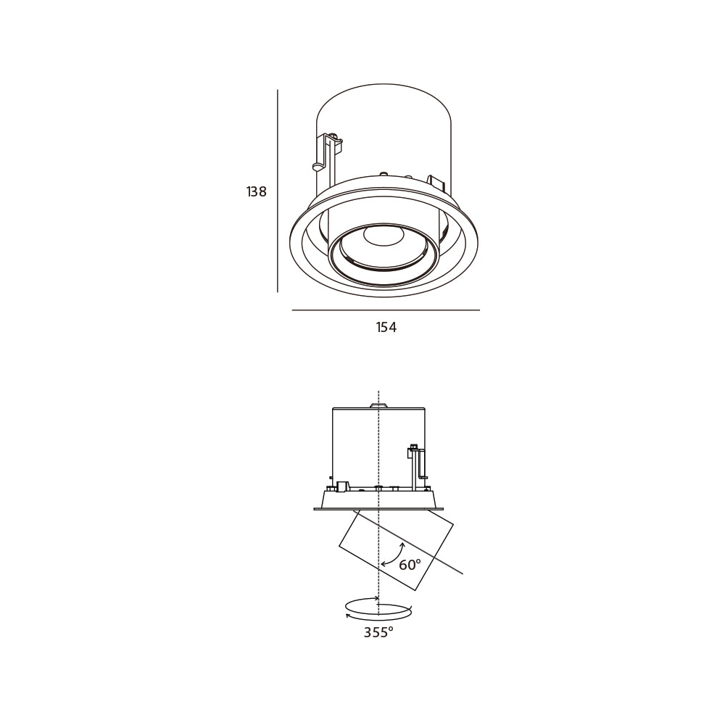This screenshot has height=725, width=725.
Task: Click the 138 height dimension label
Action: [257, 191]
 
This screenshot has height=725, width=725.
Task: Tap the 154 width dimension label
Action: [386, 328]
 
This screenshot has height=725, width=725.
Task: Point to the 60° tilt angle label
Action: [410, 565]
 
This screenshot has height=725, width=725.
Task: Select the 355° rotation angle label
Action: [378, 632]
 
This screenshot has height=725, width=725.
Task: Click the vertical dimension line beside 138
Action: [278, 191]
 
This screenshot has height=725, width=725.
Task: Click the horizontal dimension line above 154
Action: [386, 310]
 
